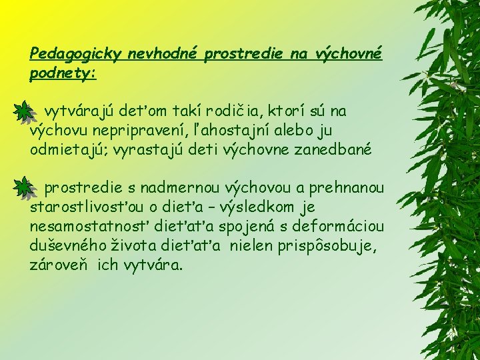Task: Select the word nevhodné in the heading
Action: (x=147, y=54)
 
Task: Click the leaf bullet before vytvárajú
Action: (x=23, y=111)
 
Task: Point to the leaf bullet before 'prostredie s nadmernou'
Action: (x=23, y=185)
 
